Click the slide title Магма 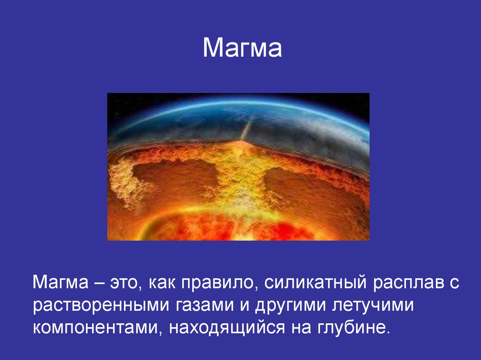pyautogui.click(x=242, y=47)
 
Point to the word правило pyautogui.click(x=217, y=283)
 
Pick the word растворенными pyautogui.click(x=101, y=306)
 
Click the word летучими pyautogui.click(x=373, y=306)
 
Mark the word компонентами pyautogui.click(x=98, y=328)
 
